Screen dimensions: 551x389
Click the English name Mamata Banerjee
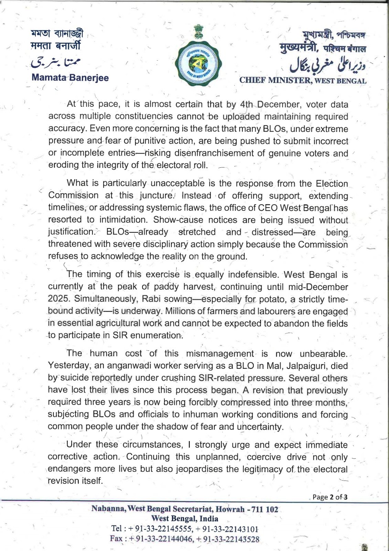tap(70, 78)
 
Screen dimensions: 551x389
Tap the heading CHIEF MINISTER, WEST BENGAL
tap(303, 81)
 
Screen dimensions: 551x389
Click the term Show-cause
tap(178, 220)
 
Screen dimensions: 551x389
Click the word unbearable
tap(324, 354)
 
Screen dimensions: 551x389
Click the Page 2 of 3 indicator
tap(329, 497)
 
